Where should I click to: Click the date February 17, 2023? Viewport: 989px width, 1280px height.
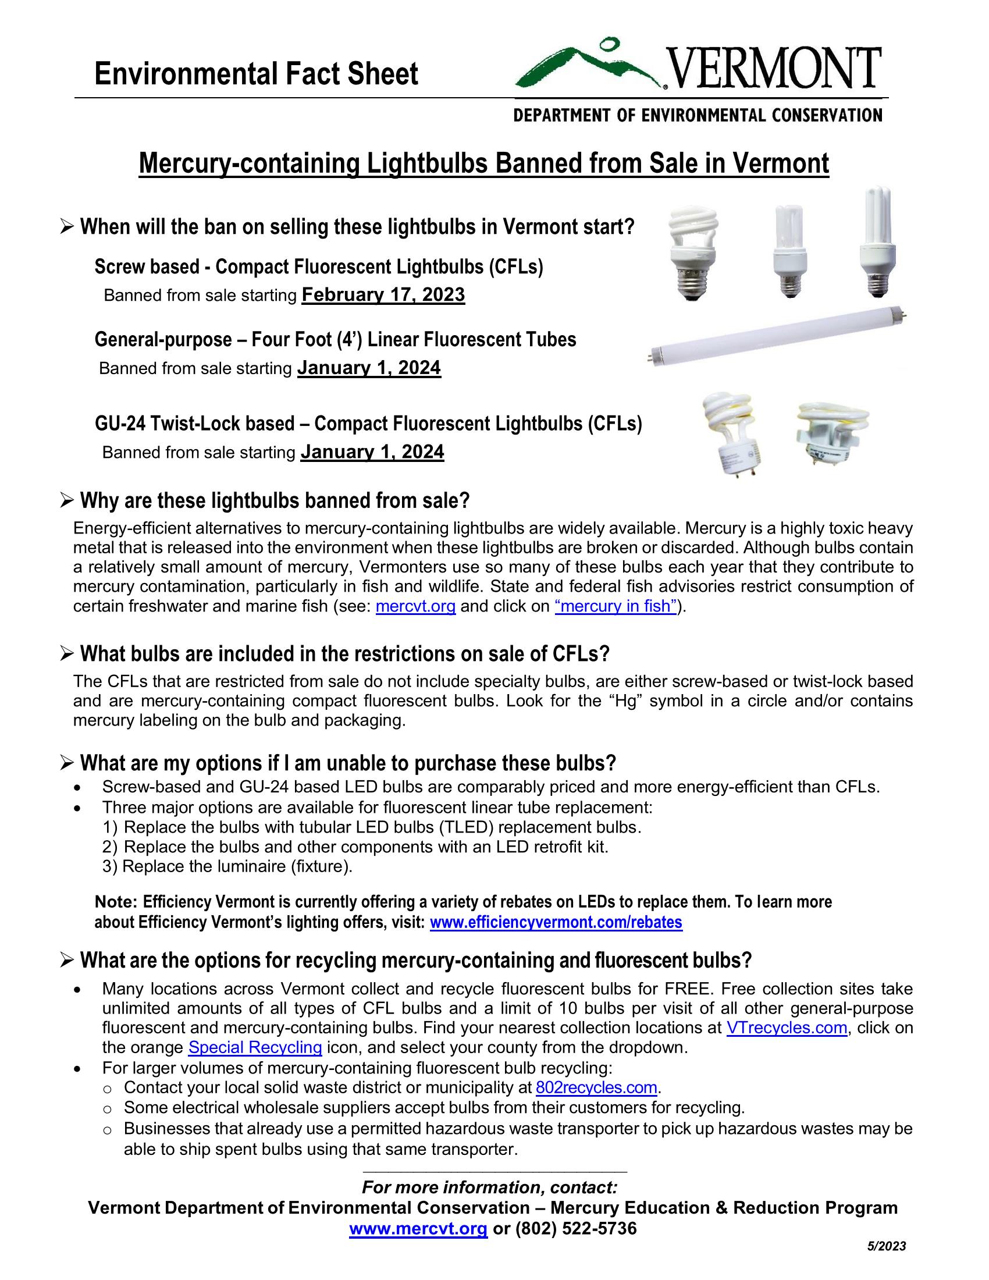(383, 294)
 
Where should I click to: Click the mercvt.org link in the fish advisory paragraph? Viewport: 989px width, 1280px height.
(415, 606)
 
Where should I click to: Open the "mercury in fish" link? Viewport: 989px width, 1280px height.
(615, 606)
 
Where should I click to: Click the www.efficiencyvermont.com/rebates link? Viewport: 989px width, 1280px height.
(556, 923)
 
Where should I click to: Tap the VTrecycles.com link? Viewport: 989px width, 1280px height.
(787, 1027)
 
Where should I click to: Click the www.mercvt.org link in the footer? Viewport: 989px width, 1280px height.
(418, 1228)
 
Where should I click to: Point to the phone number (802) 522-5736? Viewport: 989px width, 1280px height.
(575, 1228)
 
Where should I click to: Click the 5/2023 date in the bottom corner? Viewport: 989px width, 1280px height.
(887, 1246)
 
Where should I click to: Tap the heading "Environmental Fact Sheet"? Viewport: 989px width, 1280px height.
(256, 74)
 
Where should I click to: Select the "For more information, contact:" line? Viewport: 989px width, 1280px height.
(489, 1187)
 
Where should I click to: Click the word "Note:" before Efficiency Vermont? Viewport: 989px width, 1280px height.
(116, 901)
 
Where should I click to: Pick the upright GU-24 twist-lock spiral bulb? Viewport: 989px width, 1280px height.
(730, 432)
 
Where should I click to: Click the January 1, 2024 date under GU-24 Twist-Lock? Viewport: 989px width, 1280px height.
(372, 452)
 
